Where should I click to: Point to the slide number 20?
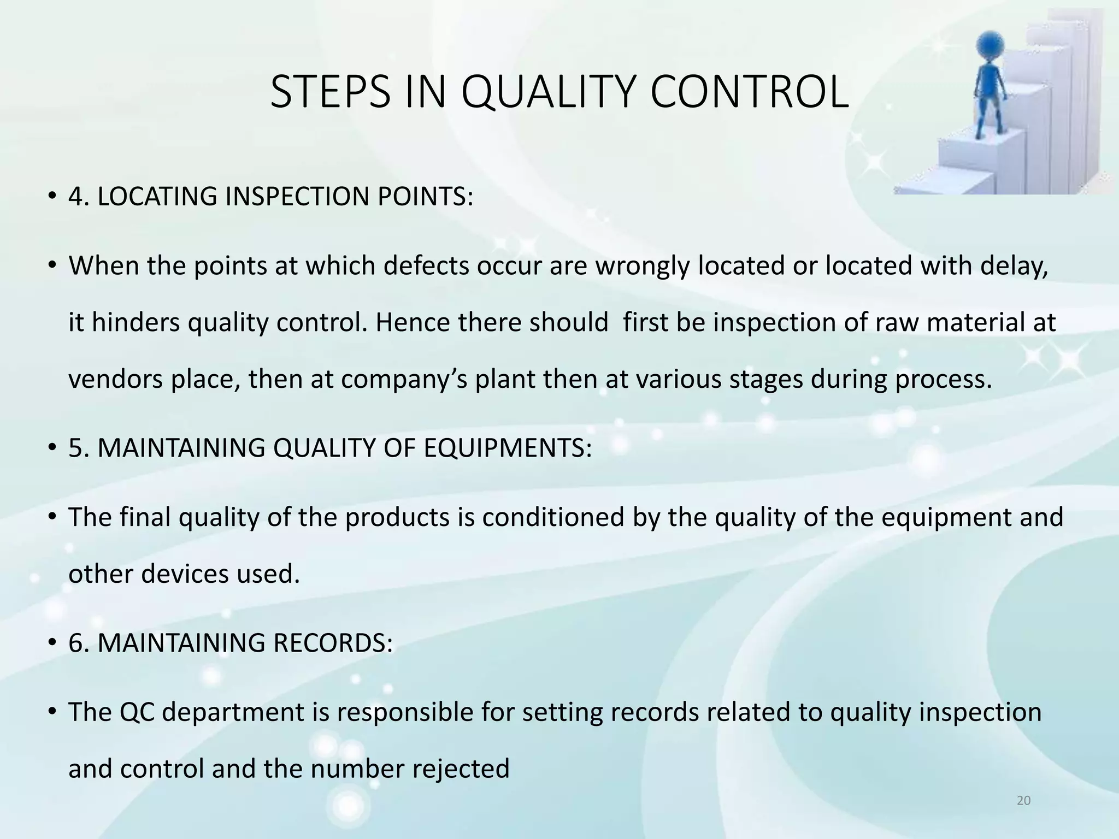[1023, 801]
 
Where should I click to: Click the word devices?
[185, 574]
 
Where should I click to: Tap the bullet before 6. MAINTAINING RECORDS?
[52, 642]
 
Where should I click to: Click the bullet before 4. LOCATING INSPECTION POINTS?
[52, 197]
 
